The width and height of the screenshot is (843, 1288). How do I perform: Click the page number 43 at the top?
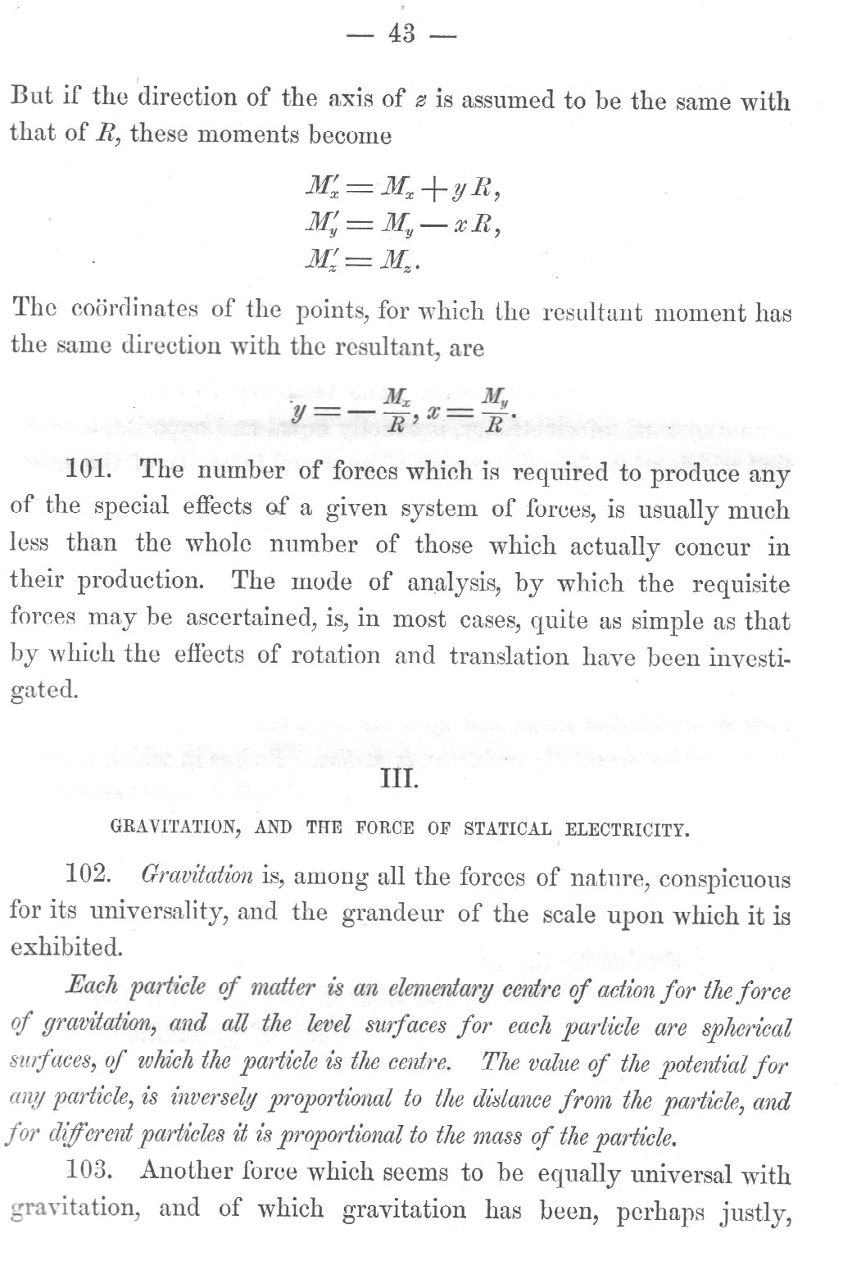tap(401, 34)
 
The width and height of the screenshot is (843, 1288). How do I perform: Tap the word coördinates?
tap(134, 310)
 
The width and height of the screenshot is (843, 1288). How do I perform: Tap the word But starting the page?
tap(32, 97)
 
